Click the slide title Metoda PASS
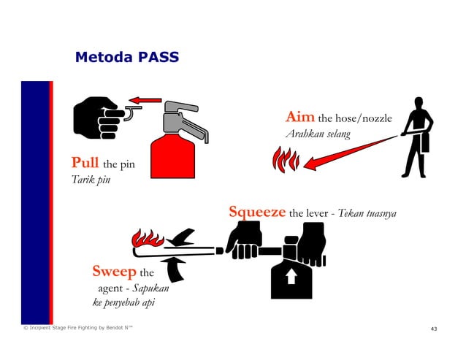(x=126, y=57)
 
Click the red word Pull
(x=85, y=161)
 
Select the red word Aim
(x=299, y=117)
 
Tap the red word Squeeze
(x=257, y=212)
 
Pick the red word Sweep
(x=114, y=272)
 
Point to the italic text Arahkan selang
(x=317, y=134)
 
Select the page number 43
(x=434, y=329)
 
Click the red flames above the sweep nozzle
(x=148, y=239)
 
